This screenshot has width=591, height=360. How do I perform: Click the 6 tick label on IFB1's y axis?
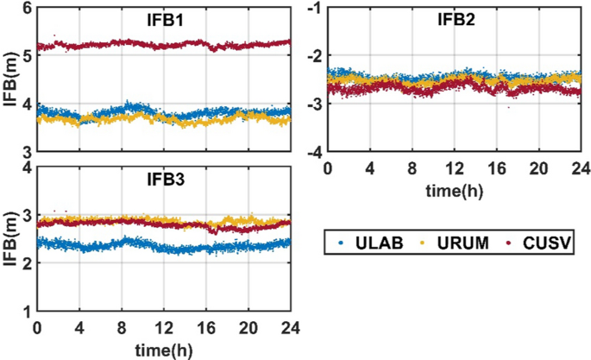tap(25, 8)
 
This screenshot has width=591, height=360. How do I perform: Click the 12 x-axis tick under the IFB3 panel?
tap(164, 329)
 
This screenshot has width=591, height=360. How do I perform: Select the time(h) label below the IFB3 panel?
tap(164, 349)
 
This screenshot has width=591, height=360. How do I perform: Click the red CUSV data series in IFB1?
tap(164, 43)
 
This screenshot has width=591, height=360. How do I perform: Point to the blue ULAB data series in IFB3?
tap(164, 247)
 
